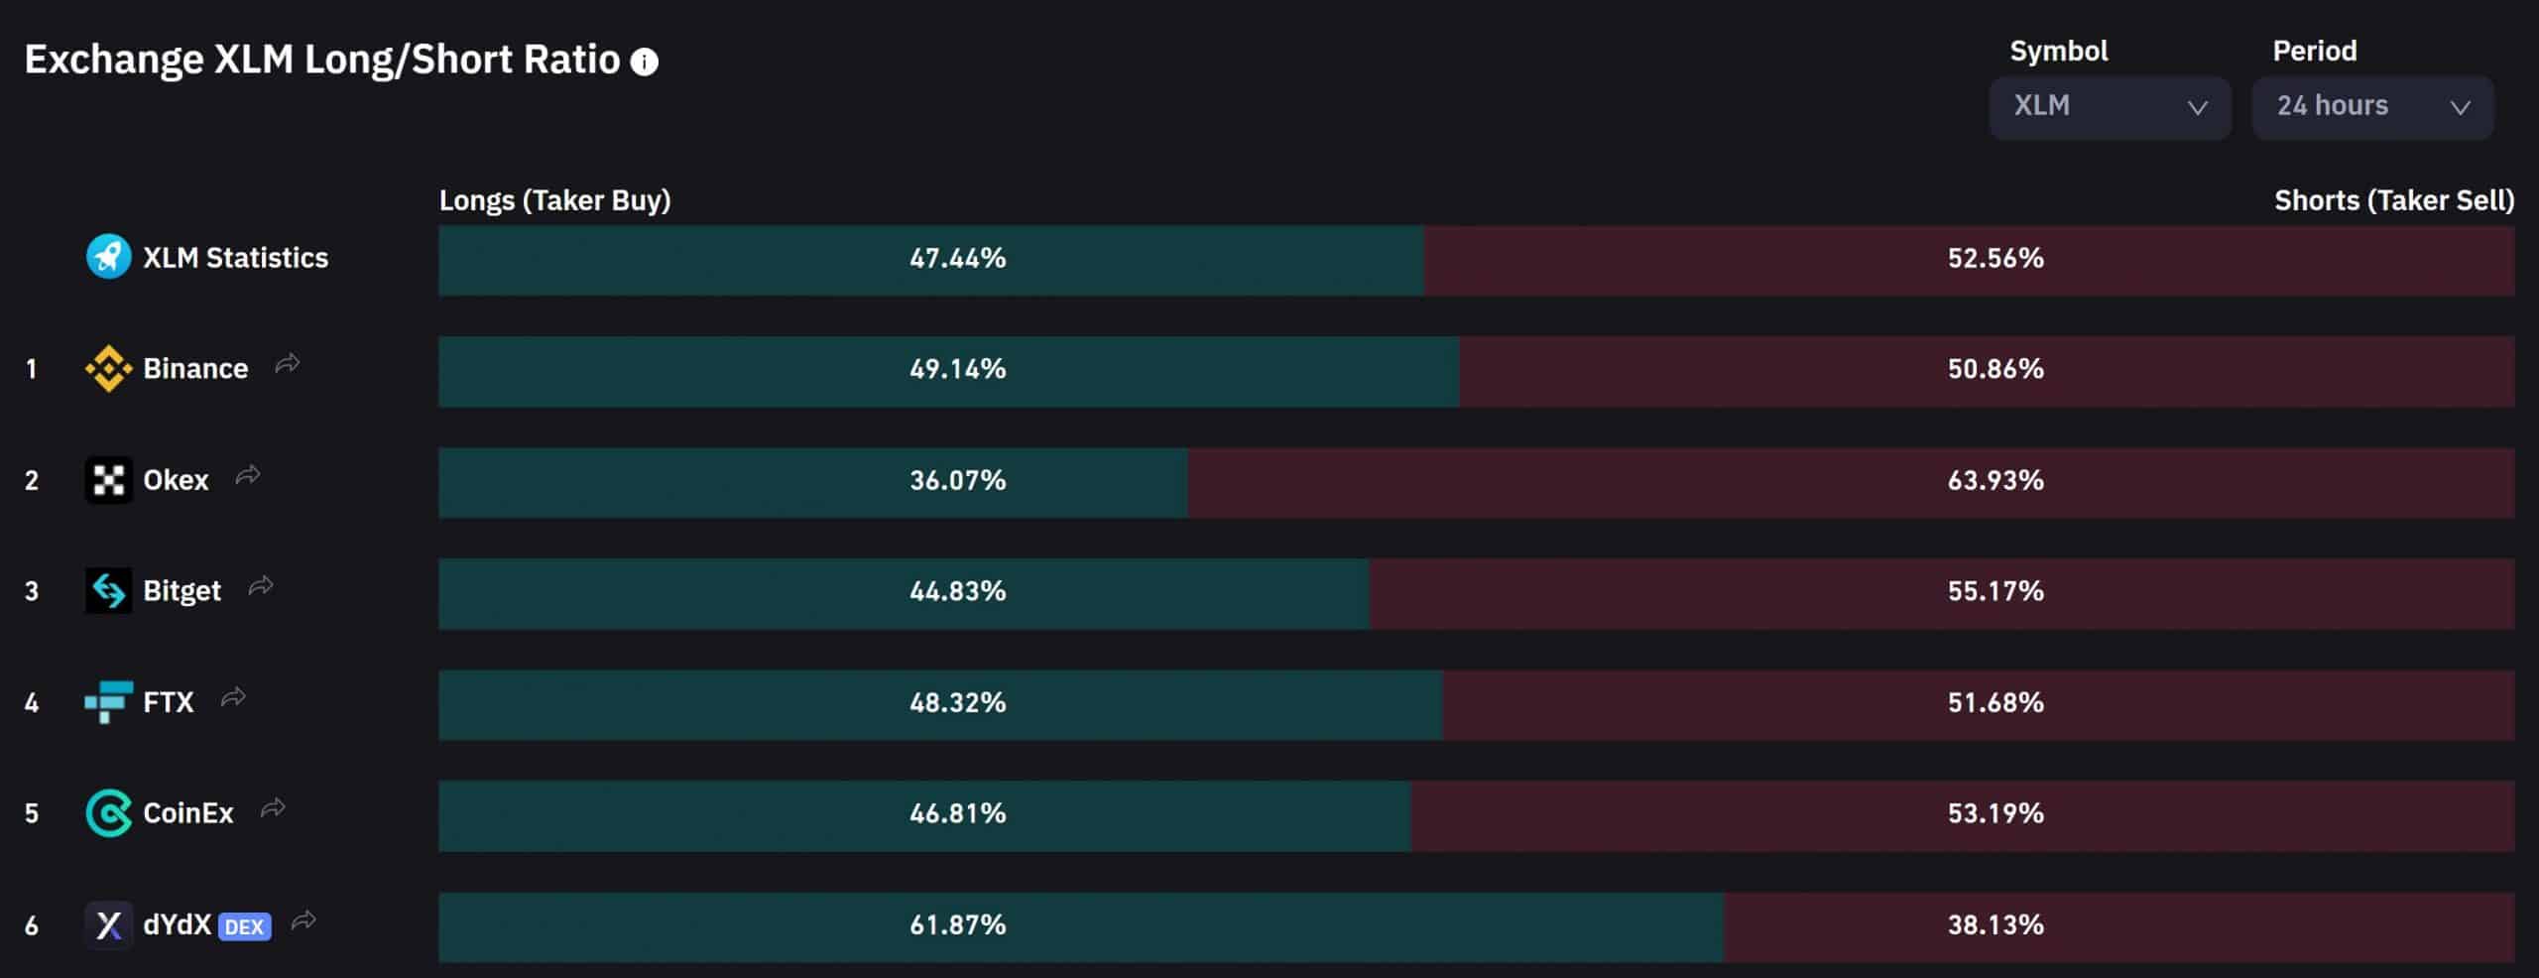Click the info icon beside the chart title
click(645, 62)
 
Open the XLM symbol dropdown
click(2110, 107)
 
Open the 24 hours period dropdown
click(2372, 107)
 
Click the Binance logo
click(108, 369)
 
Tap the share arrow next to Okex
click(248, 476)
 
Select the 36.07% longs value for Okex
click(957, 481)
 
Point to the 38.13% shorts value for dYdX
click(1995, 925)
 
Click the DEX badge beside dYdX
click(244, 926)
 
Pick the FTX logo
click(108, 702)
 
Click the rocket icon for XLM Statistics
click(108, 258)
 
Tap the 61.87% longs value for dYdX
click(957, 925)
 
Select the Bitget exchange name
click(181, 591)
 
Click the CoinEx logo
click(108, 813)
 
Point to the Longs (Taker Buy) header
click(554, 200)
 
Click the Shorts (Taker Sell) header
click(2393, 200)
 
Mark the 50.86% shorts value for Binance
click(1995, 369)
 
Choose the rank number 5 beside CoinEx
click(32, 814)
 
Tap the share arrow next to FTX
click(233, 698)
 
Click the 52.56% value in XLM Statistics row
click(1995, 259)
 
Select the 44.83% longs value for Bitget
click(957, 591)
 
